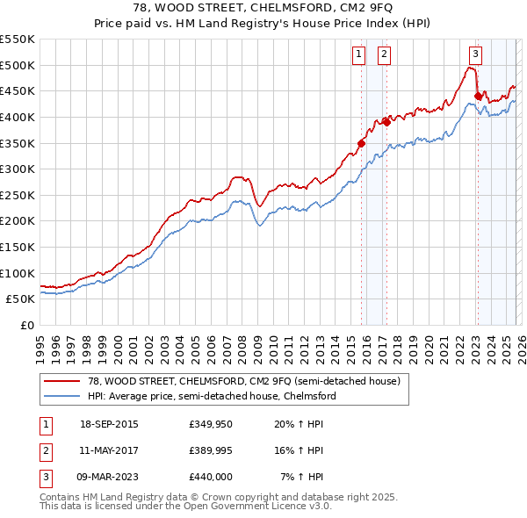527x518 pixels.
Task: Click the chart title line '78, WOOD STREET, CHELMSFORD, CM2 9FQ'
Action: click(x=263, y=8)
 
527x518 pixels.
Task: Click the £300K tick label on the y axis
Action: click(x=18, y=169)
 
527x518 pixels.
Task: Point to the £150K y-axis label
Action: click(x=18, y=247)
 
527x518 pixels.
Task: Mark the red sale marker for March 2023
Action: click(x=478, y=96)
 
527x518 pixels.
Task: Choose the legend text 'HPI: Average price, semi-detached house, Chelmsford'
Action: click(x=212, y=396)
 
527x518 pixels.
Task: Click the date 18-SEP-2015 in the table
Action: click(x=108, y=424)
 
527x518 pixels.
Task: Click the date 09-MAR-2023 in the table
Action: click(x=108, y=477)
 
